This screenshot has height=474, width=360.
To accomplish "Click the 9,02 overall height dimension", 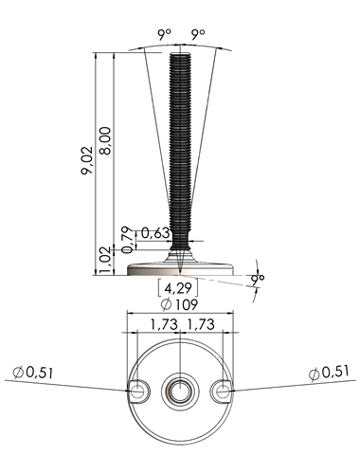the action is [x=87, y=160].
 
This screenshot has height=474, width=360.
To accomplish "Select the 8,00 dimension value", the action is [x=105, y=140].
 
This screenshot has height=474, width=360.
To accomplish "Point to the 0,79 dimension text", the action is [x=127, y=240].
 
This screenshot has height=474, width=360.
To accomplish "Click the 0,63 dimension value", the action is [x=155, y=233].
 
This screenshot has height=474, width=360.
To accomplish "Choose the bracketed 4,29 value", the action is [x=178, y=288].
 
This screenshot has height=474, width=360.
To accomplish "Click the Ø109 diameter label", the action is [x=179, y=304].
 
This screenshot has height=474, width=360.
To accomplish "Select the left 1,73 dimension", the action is [x=164, y=324].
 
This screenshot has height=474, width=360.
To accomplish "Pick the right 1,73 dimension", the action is [x=201, y=324].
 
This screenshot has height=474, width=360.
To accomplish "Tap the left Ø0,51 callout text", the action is [x=33, y=373].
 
